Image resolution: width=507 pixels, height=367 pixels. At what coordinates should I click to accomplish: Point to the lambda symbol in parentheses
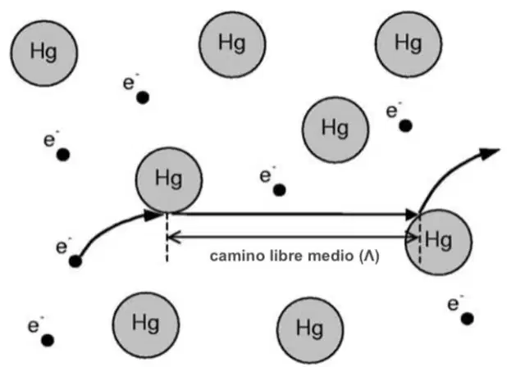coord(369,256)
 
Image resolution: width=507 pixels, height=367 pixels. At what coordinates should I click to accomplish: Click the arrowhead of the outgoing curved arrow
coord(489,153)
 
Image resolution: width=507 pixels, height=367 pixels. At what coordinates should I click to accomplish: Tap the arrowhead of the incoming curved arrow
coord(153,215)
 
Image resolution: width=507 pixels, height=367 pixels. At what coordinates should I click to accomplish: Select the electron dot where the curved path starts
coord(75,261)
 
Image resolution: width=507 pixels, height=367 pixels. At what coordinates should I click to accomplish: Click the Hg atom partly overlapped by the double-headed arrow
coord(439,242)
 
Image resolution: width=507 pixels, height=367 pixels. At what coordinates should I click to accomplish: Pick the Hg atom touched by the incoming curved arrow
coord(169,180)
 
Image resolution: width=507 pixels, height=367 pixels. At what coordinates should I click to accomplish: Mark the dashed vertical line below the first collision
coord(167,238)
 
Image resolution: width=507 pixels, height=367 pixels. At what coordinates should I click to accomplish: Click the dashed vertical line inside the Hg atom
coord(420,240)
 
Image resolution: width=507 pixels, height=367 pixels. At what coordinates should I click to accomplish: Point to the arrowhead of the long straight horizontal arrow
coord(412,215)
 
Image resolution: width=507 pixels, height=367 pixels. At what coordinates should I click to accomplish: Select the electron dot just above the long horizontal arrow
coord(280,190)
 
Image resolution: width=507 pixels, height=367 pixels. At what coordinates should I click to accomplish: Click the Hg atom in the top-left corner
coord(44,53)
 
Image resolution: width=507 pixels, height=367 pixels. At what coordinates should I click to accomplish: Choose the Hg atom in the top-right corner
coord(409,44)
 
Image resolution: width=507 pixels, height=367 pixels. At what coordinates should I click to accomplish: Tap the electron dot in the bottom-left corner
coord(48,340)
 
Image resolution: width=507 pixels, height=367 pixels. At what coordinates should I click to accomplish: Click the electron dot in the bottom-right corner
coord(467,319)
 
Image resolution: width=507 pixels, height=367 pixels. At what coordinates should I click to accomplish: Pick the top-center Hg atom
coord(232,44)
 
